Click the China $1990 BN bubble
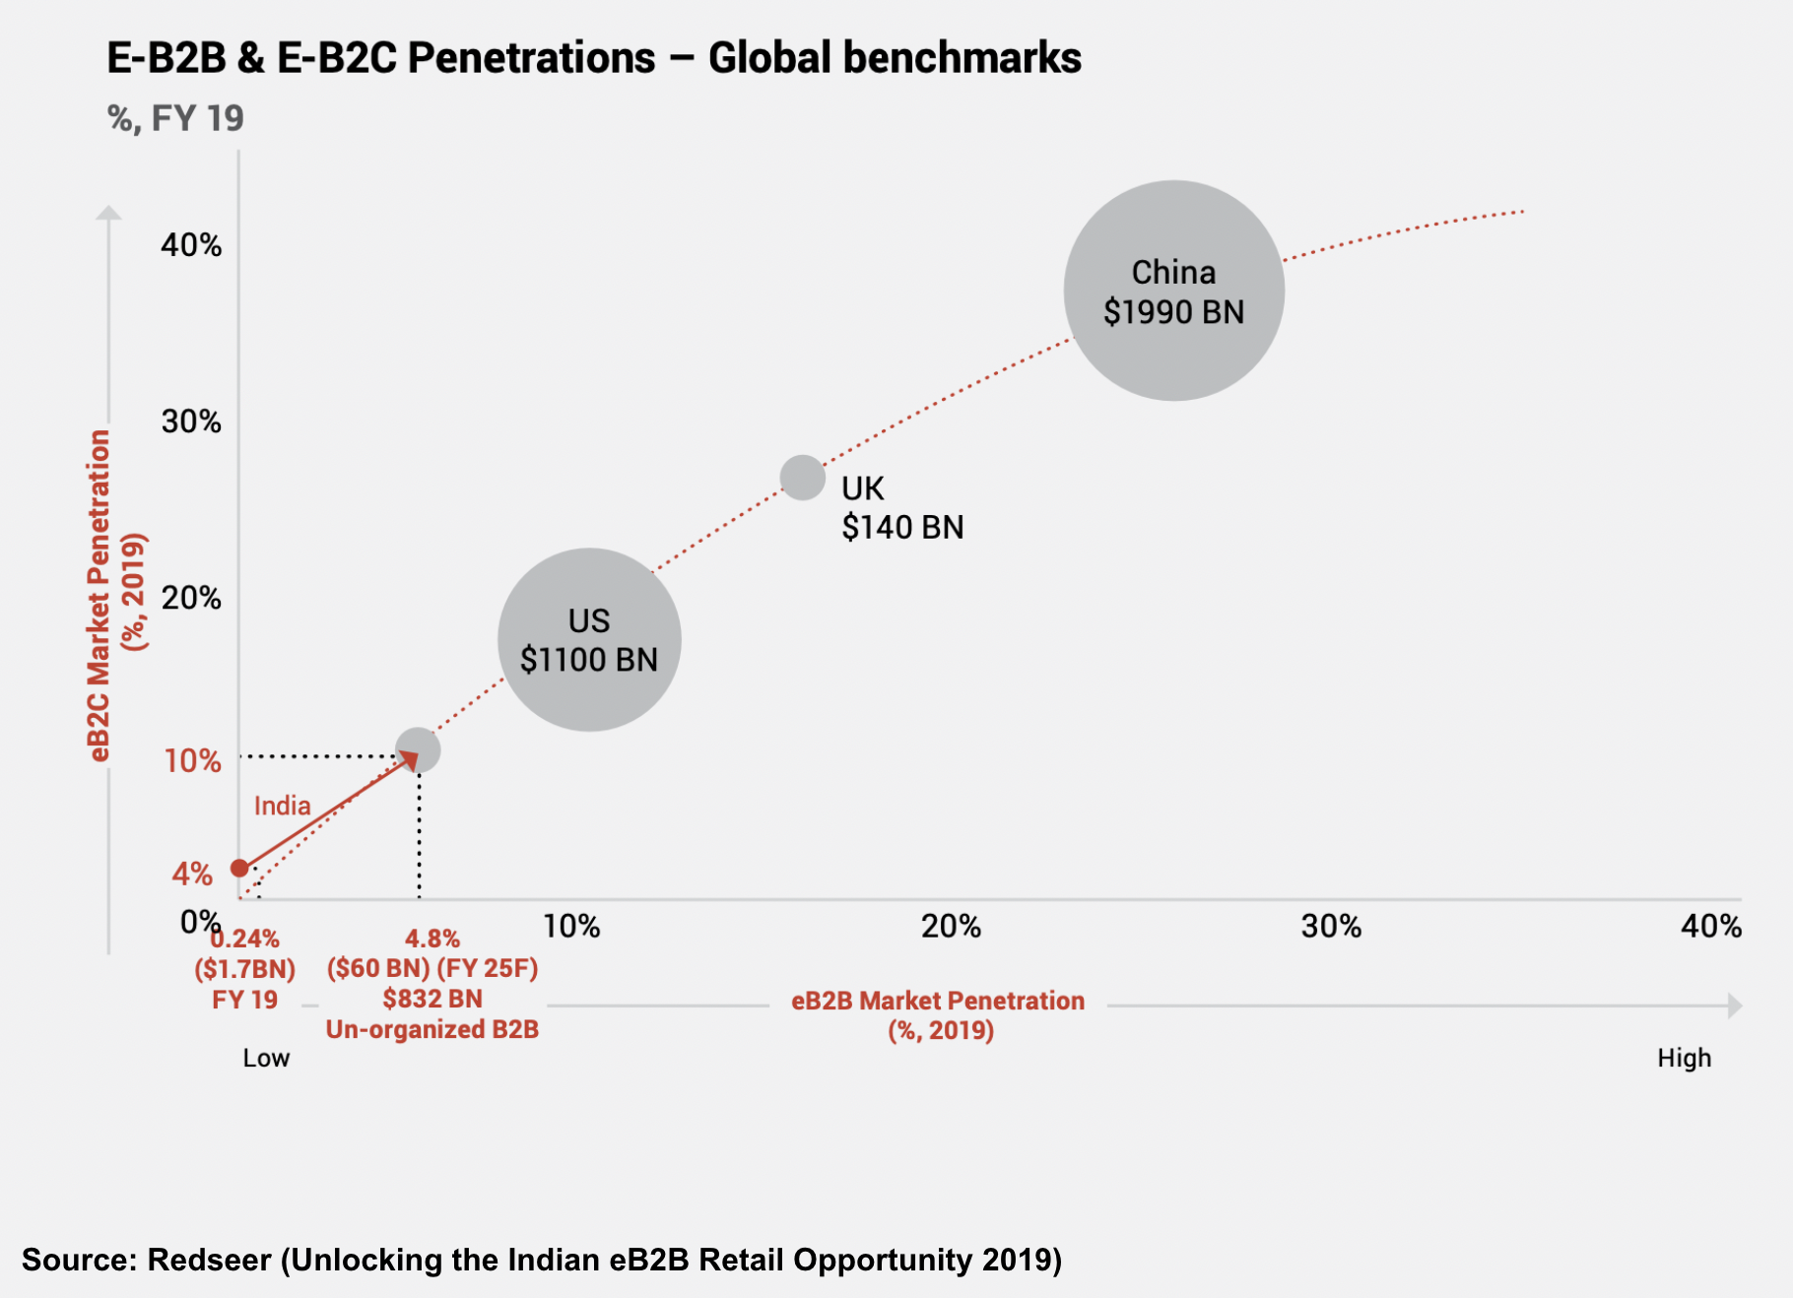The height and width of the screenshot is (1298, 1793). [1173, 291]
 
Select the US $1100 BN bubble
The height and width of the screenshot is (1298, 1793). [589, 639]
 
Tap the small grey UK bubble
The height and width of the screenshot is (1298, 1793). [803, 478]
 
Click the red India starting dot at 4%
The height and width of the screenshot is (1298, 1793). [239, 868]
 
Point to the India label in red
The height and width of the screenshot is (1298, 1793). [282, 806]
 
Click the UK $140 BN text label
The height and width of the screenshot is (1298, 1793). [901, 508]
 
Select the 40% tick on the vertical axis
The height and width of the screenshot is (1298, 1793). [191, 244]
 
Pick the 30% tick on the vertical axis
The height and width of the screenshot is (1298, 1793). [191, 422]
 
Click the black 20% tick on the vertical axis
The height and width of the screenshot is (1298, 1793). [191, 598]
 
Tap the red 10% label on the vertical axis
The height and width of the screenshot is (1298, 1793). [192, 760]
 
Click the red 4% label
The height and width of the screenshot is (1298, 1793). [192, 874]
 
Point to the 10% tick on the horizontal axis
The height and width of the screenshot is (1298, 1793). [571, 926]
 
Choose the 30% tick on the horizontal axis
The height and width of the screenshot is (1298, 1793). [1331, 926]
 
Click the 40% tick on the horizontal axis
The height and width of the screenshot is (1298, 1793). [1711, 926]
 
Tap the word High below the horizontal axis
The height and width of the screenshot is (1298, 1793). [1684, 1058]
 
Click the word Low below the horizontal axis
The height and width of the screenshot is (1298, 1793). [266, 1058]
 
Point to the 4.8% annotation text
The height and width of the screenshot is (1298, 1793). [432, 939]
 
